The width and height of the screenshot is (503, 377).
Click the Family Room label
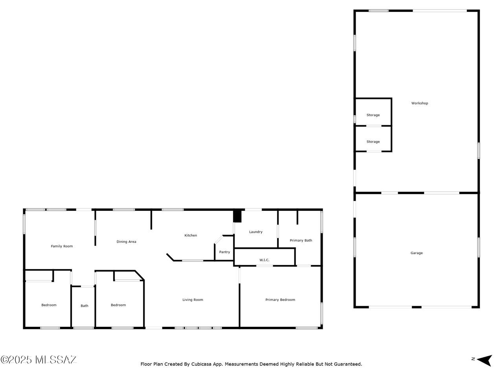[x=62, y=246]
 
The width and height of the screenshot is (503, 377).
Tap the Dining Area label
[x=126, y=242]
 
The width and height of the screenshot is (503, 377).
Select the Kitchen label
[x=191, y=235]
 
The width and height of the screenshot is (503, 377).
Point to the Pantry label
[x=224, y=252]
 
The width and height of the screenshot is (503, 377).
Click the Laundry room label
[x=256, y=232]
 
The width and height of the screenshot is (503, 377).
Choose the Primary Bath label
[x=301, y=240]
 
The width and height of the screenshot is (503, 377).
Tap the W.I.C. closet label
[x=264, y=260]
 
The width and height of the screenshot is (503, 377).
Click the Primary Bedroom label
[x=280, y=300]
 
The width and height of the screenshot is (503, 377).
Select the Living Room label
[x=193, y=300]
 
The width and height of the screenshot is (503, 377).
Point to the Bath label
[x=84, y=306]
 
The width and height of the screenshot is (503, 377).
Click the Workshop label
[x=420, y=103]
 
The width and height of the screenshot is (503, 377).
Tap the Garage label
[x=417, y=253]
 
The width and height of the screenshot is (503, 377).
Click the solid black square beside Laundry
[x=237, y=216]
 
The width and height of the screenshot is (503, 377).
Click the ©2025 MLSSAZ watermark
[x=38, y=360]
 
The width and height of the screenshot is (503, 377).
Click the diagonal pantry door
[x=218, y=240]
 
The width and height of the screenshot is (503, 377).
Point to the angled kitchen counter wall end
[x=170, y=257]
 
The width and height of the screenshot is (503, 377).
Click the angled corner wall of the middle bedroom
[x=140, y=275]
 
